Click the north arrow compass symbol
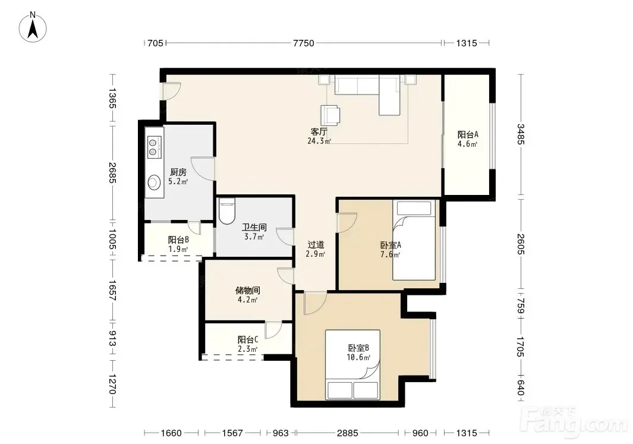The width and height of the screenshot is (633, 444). coord(33,27)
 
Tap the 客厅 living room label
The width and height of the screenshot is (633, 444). coord(319,131)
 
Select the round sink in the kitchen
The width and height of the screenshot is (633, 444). coord(154,182)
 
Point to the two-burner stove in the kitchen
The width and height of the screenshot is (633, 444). coord(154,147)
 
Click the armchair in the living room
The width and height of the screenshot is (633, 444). coord(330,115)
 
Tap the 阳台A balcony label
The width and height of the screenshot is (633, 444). coord(468,134)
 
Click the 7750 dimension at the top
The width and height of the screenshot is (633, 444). coord(304,43)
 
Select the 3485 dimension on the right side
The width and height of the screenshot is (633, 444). coord(521,134)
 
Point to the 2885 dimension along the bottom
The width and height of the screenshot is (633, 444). coord(348,433)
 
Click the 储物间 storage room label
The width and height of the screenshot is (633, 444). coord(247,290)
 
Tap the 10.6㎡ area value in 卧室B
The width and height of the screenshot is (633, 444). coord(358,357)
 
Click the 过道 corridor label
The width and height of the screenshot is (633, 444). coord(316,245)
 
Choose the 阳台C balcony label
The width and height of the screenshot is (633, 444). coord(247,339)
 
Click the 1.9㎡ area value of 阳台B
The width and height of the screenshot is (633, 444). coord(178,250)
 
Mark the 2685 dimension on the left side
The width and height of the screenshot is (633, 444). coord(112,173)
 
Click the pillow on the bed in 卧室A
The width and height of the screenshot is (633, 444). coord(414,208)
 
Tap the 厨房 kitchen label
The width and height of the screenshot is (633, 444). coord(178,172)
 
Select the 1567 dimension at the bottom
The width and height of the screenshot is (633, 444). coord(232,433)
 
